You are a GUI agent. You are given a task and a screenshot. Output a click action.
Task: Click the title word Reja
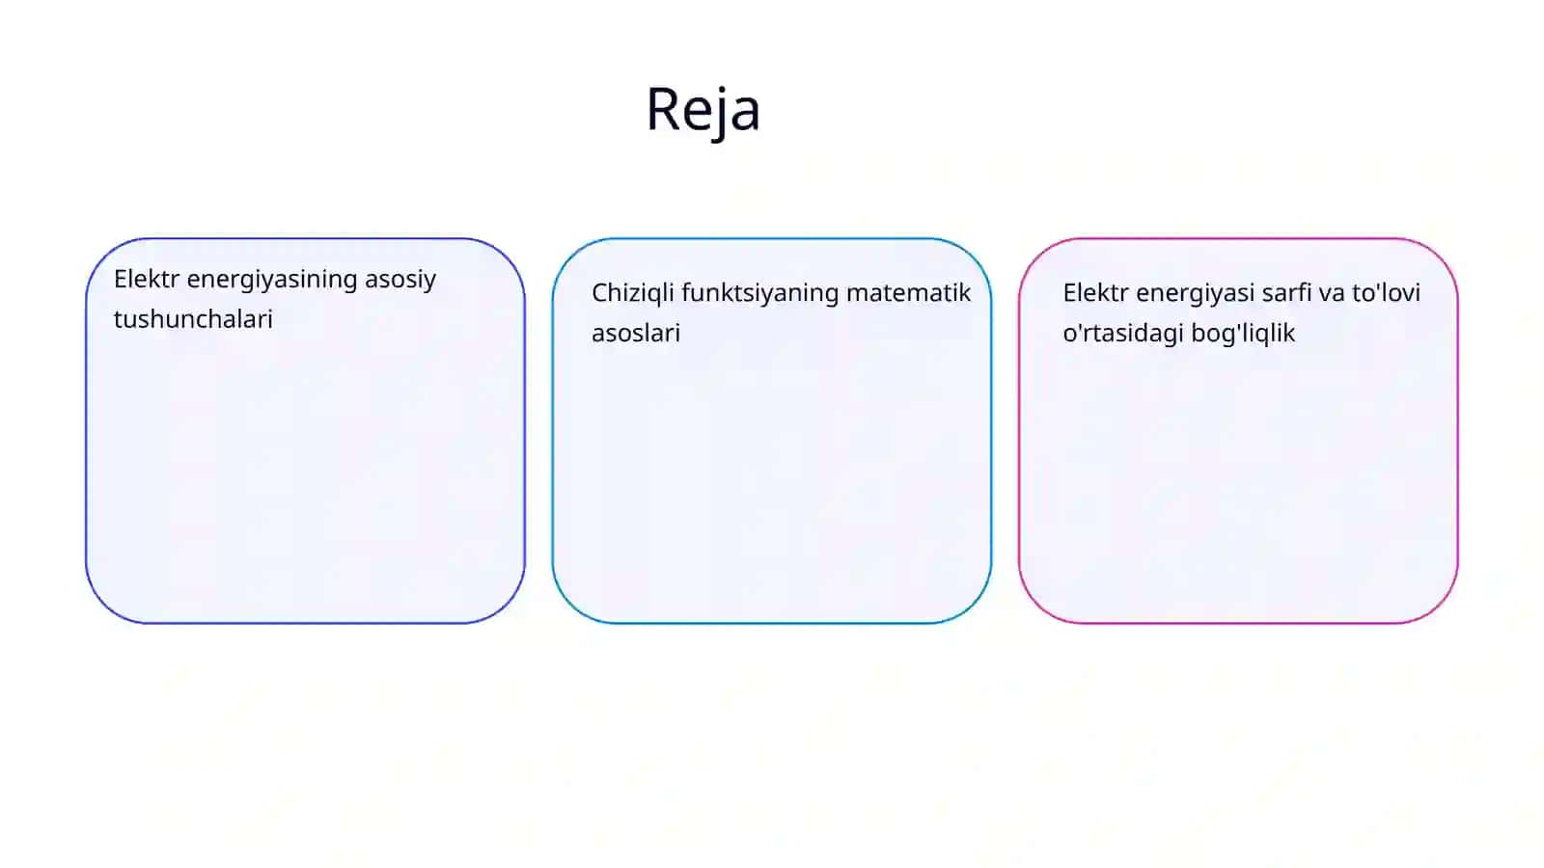click(x=703, y=110)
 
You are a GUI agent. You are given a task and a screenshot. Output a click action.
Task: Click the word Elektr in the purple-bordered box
click(x=146, y=279)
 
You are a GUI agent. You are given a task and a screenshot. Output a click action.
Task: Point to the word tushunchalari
click(x=193, y=319)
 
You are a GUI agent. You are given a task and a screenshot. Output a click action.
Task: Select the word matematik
click(x=908, y=293)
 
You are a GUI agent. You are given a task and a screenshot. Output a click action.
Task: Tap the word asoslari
click(x=636, y=334)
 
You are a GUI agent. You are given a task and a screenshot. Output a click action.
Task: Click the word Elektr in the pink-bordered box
click(x=1095, y=293)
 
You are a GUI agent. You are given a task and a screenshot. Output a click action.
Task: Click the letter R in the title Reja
click(x=662, y=109)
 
